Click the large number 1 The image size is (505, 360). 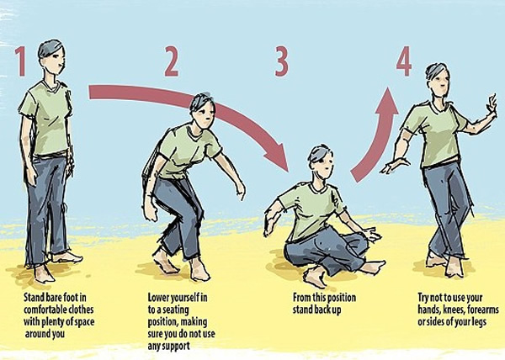click(21, 61)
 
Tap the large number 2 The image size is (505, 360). click(172, 61)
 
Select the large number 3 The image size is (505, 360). click(281, 61)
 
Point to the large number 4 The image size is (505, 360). click(404, 61)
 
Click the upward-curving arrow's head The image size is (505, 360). click(387, 101)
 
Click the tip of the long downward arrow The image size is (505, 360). click(288, 171)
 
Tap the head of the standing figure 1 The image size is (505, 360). click(51, 57)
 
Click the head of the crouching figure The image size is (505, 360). click(202, 110)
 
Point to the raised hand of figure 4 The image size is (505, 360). click(492, 103)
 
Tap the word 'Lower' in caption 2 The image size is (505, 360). click(158, 298)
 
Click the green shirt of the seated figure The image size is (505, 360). click(311, 211)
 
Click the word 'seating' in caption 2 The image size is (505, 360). click(176, 310)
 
